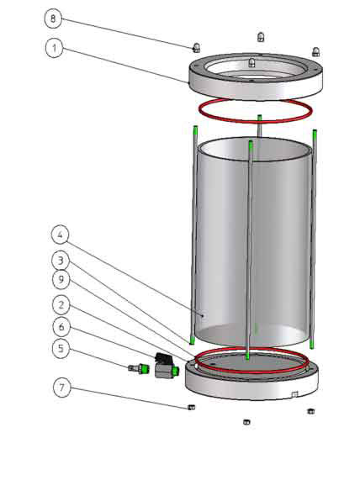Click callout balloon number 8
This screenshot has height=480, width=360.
coord(53,18)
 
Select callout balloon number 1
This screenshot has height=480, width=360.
coord(55,48)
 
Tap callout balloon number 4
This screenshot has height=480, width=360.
coord(60,235)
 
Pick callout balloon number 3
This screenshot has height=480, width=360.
coord(61,261)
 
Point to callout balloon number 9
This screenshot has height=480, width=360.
coord(61,279)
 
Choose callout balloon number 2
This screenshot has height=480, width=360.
coord(61,305)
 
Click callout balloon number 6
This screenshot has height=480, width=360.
coord(61,327)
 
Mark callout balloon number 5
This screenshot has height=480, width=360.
coord(61,348)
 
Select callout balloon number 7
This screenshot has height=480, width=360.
coord(62,388)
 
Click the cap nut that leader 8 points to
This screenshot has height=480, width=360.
coord(196,48)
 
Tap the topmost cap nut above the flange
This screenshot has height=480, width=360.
coord(261,37)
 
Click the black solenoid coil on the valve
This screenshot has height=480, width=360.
coord(163,358)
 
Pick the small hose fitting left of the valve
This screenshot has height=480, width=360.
coord(138,367)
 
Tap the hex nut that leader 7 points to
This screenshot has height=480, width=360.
coord(191,407)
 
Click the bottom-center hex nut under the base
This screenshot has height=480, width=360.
coord(246,422)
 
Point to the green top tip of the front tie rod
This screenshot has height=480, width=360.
coord(251,146)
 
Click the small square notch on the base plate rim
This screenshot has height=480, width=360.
coord(294,394)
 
